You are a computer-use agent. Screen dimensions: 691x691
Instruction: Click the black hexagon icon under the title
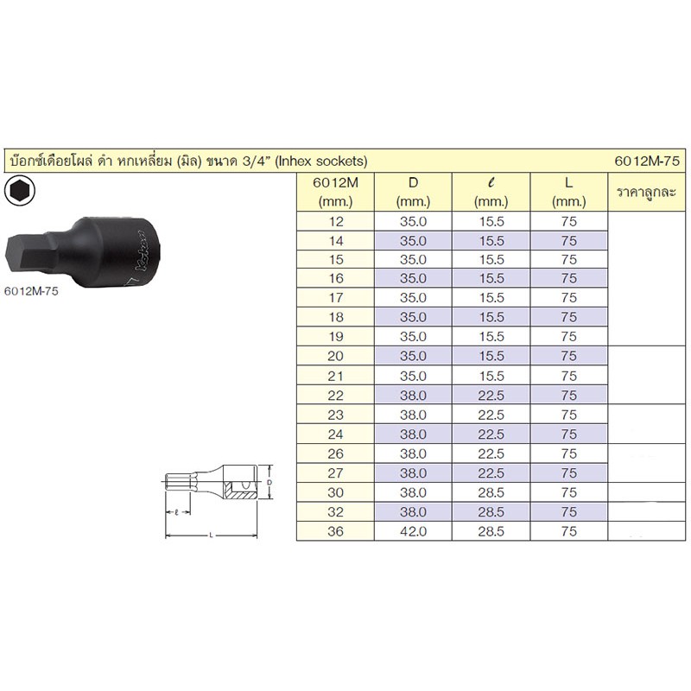click(19, 191)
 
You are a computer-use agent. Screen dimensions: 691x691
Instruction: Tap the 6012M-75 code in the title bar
click(647, 161)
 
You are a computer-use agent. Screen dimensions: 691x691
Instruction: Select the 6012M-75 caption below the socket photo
click(31, 291)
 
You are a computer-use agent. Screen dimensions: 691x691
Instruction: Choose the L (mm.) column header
click(569, 192)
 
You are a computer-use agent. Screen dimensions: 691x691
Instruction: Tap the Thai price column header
click(646, 192)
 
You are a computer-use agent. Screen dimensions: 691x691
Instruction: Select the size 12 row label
click(336, 221)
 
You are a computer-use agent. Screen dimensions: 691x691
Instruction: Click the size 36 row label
click(335, 531)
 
